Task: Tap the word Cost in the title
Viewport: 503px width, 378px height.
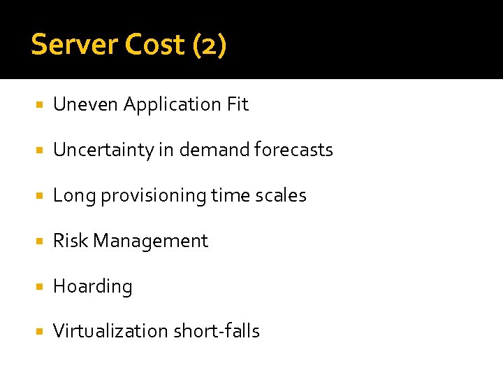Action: coord(156,45)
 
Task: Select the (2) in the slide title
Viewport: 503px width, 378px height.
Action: coord(208,45)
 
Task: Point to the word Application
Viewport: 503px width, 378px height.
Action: coord(173,106)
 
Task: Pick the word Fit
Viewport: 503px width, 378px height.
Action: coord(238,104)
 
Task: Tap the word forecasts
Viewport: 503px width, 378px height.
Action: coord(294,150)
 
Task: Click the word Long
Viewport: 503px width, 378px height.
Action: coord(74,196)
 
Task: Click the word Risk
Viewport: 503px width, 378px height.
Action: coord(71,241)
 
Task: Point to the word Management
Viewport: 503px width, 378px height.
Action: coord(151,241)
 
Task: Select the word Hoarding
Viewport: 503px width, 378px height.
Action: coord(93,287)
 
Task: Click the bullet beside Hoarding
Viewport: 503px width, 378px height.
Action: coord(39,287)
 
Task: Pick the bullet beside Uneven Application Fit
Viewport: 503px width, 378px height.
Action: coord(39,105)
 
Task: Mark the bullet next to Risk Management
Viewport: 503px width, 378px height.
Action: coord(39,241)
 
